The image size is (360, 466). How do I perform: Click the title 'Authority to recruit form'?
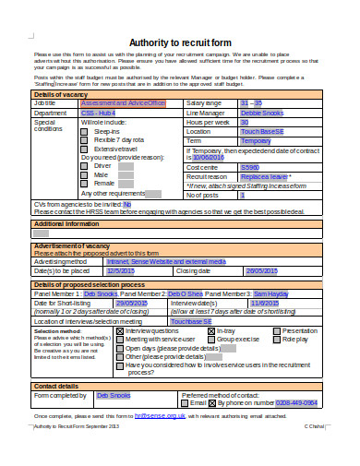point(179,42)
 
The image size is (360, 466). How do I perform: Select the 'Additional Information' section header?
point(66,224)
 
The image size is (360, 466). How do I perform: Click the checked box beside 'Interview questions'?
point(119,330)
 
